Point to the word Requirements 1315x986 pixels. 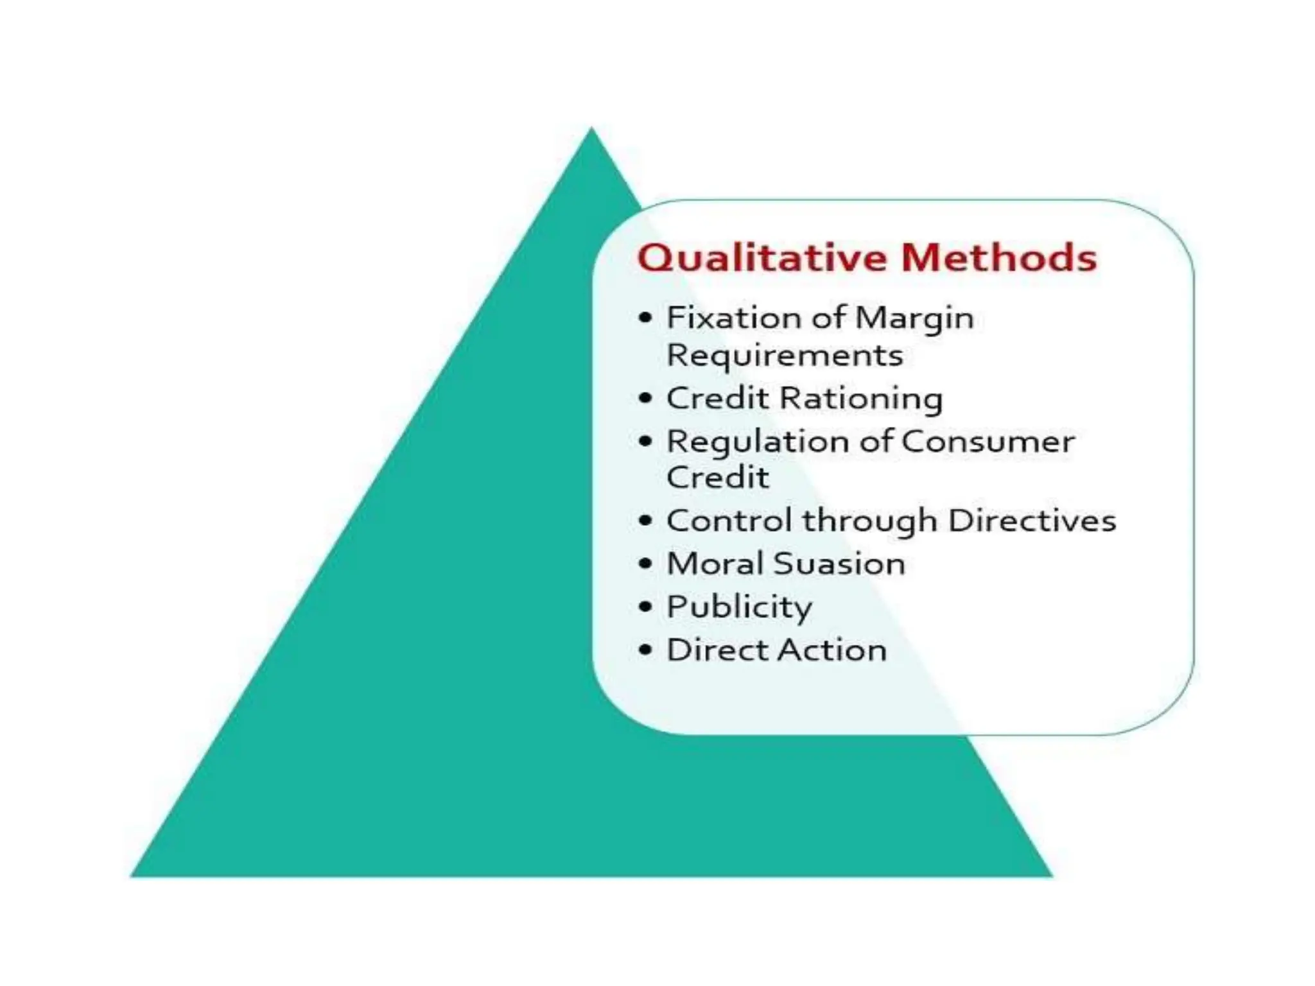click(x=785, y=356)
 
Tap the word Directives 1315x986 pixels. click(x=1032, y=521)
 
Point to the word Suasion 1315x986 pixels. click(x=839, y=564)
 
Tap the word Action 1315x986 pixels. click(x=833, y=650)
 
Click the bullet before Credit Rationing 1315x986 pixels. click(x=645, y=399)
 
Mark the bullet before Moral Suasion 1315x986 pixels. click(x=645, y=564)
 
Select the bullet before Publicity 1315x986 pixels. click(x=645, y=607)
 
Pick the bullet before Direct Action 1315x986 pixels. click(x=645, y=650)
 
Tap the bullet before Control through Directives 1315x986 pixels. click(x=645, y=521)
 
